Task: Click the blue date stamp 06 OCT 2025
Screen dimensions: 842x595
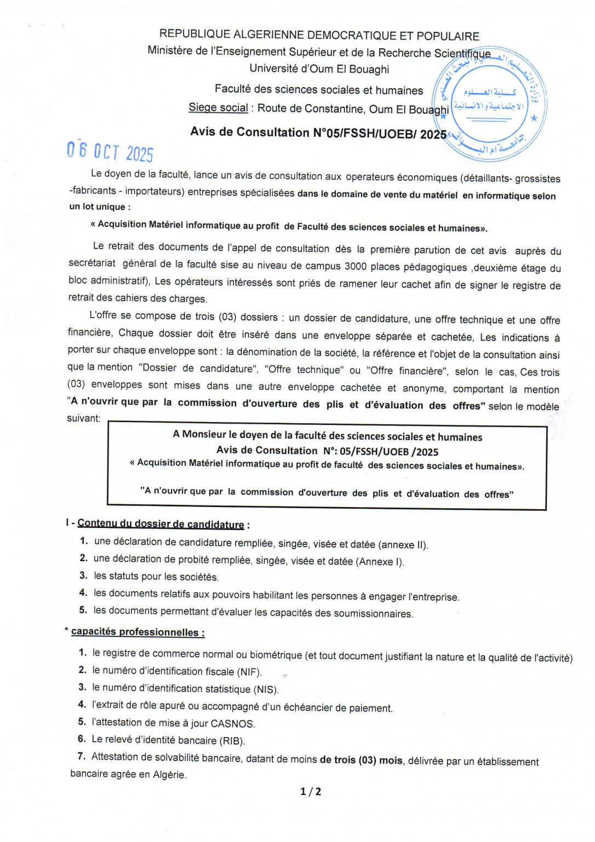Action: (110, 151)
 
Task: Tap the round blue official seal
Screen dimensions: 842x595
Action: (490, 104)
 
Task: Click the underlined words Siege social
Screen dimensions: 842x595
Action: (218, 107)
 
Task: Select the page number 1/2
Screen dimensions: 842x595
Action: (311, 791)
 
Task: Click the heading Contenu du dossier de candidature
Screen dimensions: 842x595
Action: (161, 524)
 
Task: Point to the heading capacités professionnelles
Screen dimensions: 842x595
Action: (138, 631)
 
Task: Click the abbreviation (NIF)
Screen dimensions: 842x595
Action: (249, 672)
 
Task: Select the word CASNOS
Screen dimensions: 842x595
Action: (232, 724)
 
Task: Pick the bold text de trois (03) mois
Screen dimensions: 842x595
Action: (361, 760)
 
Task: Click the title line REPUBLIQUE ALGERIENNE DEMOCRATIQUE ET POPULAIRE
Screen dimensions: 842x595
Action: (319, 36)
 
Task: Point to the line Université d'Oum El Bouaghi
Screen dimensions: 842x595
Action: (319, 69)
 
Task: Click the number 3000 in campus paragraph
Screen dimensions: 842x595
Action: (356, 266)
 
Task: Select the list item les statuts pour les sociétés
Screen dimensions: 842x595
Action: (156, 576)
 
